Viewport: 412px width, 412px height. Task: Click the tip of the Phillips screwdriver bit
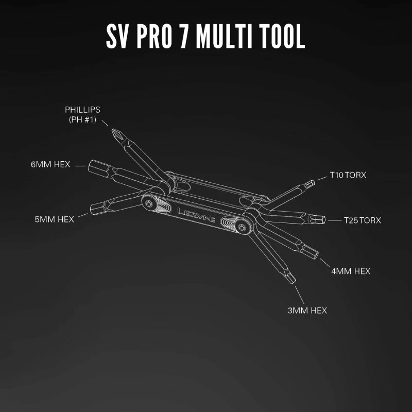pyautogui.click(x=112, y=130)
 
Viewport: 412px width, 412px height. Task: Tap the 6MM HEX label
pyautogui.click(x=50, y=164)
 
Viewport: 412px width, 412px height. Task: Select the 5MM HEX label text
pyautogui.click(x=55, y=219)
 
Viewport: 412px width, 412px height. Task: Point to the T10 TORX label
pyautogui.click(x=348, y=175)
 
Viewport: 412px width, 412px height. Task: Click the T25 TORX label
pyautogui.click(x=363, y=220)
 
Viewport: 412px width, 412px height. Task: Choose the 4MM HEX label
pyautogui.click(x=351, y=271)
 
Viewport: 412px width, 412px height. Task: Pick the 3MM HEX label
pyautogui.click(x=307, y=311)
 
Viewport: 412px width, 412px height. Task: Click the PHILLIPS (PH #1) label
pyautogui.click(x=82, y=114)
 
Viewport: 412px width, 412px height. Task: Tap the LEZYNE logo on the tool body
pyautogui.click(x=196, y=215)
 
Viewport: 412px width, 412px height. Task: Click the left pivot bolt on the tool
pyautogui.click(x=149, y=203)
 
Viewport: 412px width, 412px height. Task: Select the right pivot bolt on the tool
pyautogui.click(x=242, y=228)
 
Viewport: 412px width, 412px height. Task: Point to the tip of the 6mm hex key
pyautogui.click(x=89, y=166)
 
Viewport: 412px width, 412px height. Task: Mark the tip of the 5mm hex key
pyautogui.click(x=92, y=210)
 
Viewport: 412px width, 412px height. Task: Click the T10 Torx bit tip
pyautogui.click(x=313, y=182)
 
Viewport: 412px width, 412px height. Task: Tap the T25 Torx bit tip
pyautogui.click(x=324, y=220)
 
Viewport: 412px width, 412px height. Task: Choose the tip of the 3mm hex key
pyautogui.click(x=294, y=282)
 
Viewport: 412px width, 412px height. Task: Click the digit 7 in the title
pyautogui.click(x=185, y=36)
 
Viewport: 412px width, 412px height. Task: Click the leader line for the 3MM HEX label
pyautogui.click(x=300, y=295)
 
